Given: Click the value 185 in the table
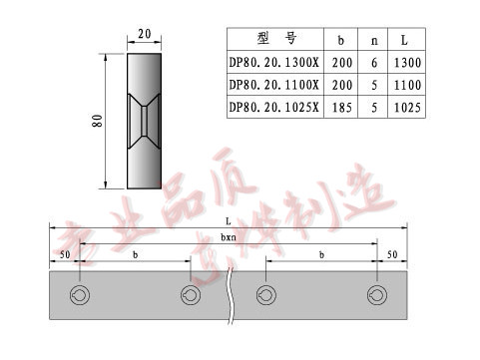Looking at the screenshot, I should point(342,107).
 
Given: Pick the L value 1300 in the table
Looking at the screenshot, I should point(406,63).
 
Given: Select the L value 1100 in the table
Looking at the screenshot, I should point(406,85).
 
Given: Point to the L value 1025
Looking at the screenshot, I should point(406,107).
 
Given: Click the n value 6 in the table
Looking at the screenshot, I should point(374,63).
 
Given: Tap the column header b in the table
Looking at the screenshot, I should point(342,41).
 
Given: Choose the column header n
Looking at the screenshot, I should point(374,41).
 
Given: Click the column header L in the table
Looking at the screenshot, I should point(406,41).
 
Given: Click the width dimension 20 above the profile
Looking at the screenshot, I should point(144,34).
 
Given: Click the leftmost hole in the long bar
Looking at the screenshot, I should point(79,295).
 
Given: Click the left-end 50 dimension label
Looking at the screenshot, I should point(64,255).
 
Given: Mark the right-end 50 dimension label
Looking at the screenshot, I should point(391,255).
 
